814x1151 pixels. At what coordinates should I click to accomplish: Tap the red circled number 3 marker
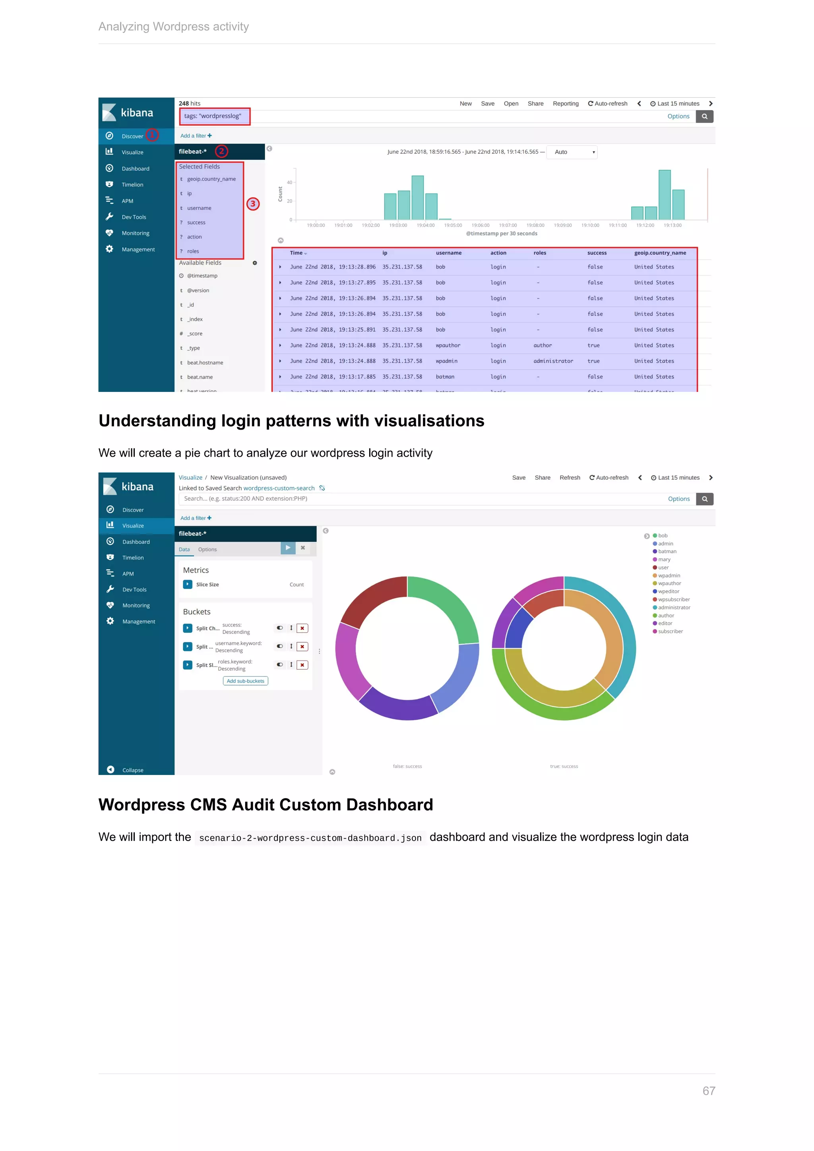(253, 203)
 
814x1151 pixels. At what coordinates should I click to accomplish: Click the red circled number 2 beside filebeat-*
(221, 151)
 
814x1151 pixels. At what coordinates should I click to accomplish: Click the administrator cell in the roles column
(553, 361)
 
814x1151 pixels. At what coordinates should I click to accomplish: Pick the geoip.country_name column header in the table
(660, 253)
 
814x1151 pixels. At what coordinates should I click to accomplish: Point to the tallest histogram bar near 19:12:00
(664, 194)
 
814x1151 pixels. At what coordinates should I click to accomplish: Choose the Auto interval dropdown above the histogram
(572, 152)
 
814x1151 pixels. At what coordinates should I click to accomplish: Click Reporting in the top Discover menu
(566, 104)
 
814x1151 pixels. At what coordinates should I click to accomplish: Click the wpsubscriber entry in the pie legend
(673, 600)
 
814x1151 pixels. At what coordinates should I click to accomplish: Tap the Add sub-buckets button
(245, 681)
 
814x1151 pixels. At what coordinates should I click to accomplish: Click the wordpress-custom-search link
(279, 488)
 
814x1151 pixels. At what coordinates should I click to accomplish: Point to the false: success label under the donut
(407, 766)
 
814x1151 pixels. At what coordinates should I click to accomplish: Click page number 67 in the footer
(708, 1091)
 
